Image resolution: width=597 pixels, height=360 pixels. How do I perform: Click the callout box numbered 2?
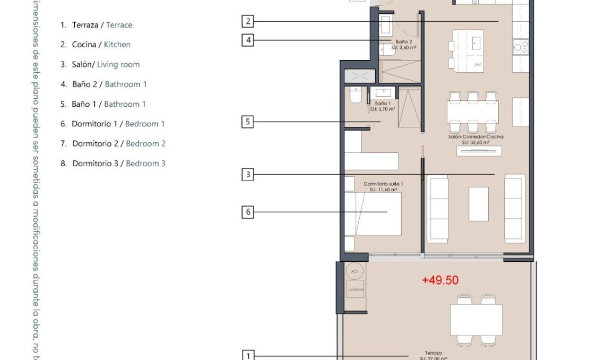pyautogui.click(x=247, y=21)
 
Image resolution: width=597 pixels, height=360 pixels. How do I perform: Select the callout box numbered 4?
pyautogui.click(x=247, y=40)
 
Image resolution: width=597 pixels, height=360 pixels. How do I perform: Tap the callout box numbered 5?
pyautogui.click(x=247, y=122)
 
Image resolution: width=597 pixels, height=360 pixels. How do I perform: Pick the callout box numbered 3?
pyautogui.click(x=247, y=174)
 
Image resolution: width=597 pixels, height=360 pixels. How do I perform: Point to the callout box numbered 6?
pyautogui.click(x=247, y=212)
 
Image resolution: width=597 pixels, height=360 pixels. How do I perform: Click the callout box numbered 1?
pyautogui.click(x=248, y=355)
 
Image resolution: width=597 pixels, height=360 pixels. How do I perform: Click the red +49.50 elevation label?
pyautogui.click(x=440, y=280)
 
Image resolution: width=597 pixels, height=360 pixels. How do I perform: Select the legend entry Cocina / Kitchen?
pyautogui.click(x=96, y=45)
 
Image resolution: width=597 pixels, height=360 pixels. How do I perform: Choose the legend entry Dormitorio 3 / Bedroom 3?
pyautogui.click(x=113, y=164)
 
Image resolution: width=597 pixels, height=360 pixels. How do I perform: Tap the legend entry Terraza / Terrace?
pyautogui.click(x=97, y=25)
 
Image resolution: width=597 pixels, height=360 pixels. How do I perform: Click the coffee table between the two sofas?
pyautogui.click(x=478, y=203)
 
